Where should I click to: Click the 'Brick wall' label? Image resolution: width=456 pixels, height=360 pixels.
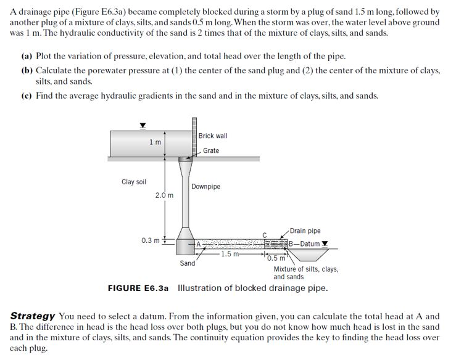tap(213, 136)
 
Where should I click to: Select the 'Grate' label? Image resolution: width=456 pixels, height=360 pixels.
tap(210, 150)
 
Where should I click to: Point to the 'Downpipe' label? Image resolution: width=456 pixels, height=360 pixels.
tap(205, 186)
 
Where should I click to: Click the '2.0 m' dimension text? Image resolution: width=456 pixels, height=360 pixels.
tap(164, 195)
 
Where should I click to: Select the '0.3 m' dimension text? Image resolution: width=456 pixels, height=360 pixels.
tap(151, 240)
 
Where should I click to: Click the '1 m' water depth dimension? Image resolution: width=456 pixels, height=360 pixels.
tap(155, 142)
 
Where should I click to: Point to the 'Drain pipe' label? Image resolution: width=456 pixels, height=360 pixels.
tap(305, 231)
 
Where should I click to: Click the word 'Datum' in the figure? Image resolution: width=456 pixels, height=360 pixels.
tap(310, 243)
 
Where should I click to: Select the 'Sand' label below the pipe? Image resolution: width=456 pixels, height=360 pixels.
tap(188, 263)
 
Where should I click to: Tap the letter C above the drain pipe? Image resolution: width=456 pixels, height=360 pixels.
tap(264, 234)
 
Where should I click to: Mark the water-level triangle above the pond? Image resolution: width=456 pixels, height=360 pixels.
tap(143, 125)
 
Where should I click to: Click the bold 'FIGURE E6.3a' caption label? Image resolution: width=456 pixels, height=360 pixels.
tap(138, 288)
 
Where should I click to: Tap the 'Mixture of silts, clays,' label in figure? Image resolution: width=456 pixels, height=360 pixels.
tap(306, 269)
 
